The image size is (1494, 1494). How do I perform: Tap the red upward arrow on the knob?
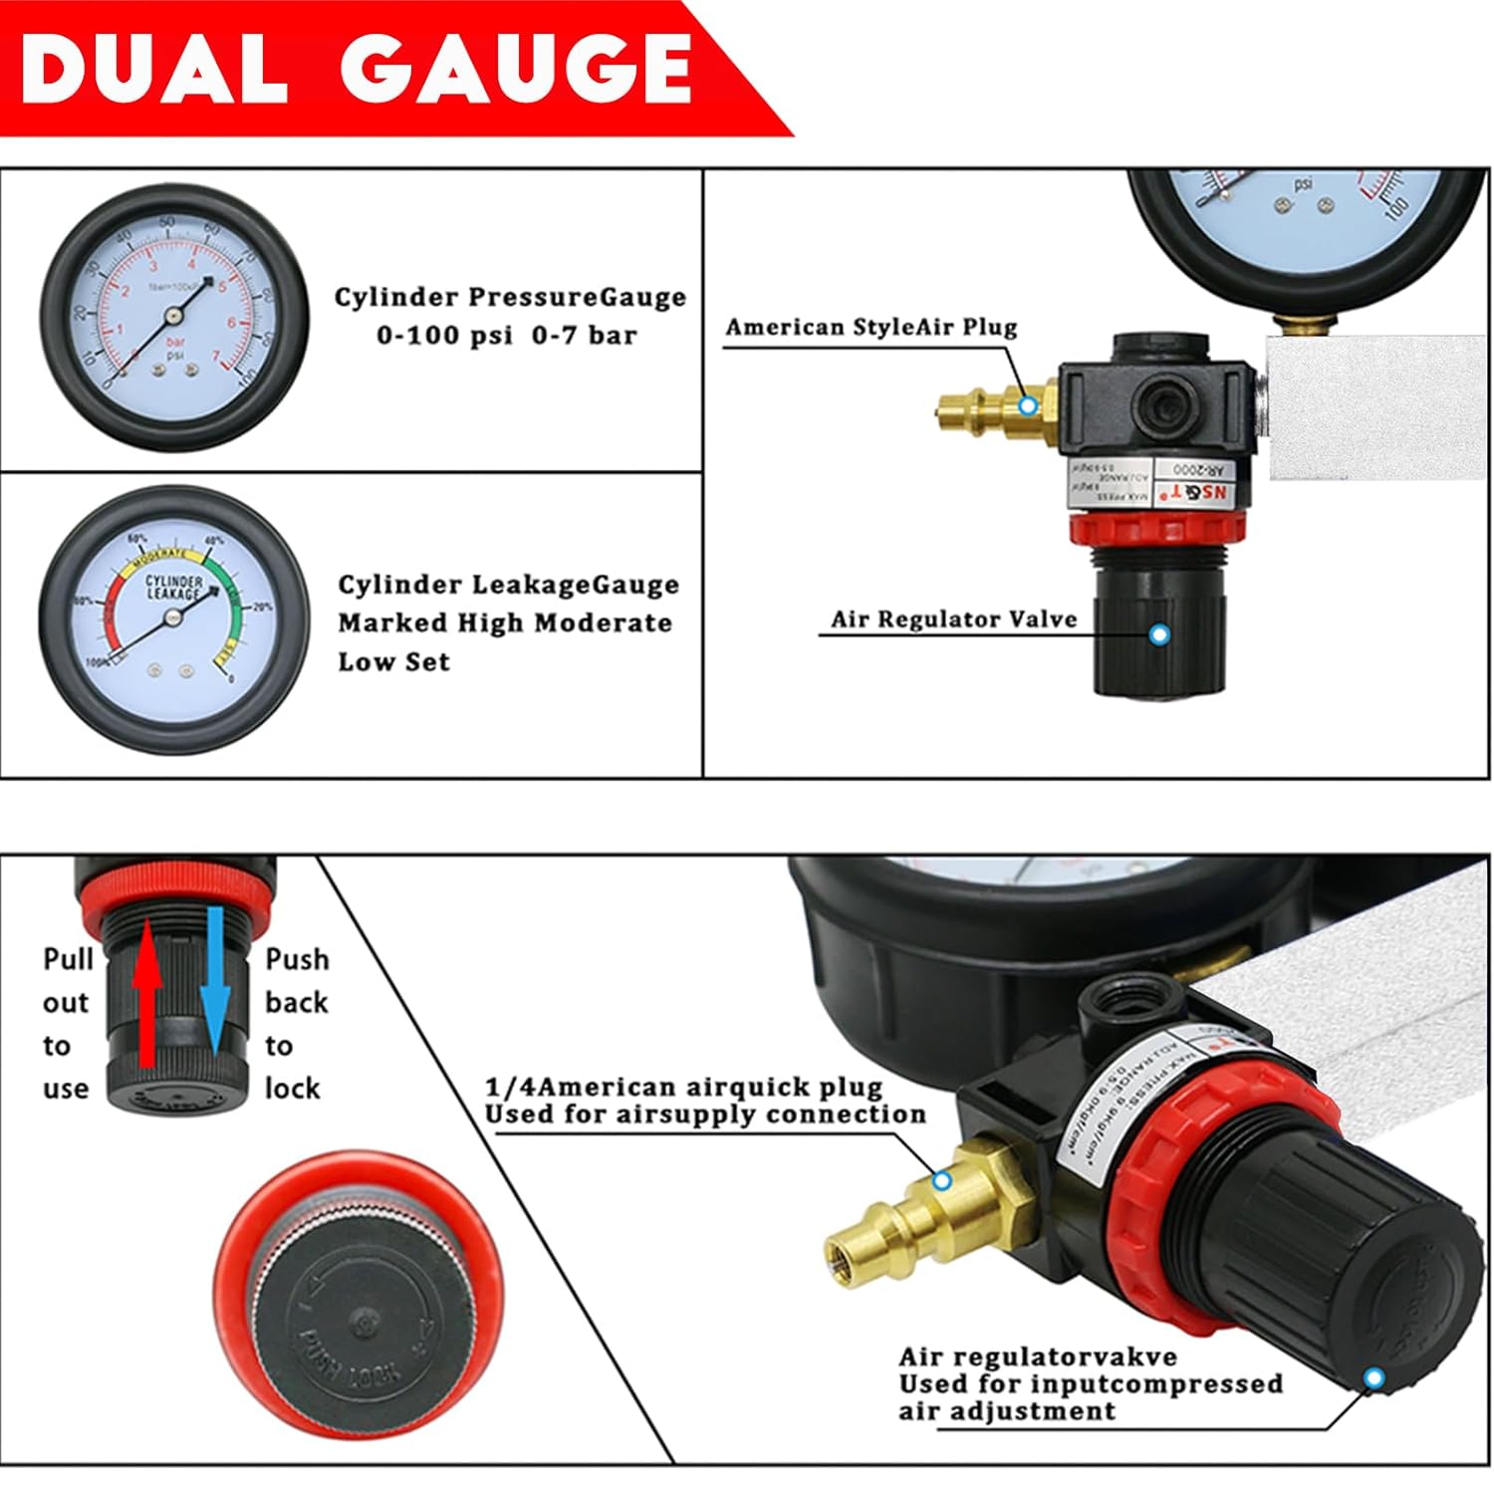(146, 992)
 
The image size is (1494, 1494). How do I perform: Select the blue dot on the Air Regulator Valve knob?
(1158, 633)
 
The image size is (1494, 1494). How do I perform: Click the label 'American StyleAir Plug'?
(871, 328)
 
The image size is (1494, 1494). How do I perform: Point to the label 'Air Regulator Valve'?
(953, 620)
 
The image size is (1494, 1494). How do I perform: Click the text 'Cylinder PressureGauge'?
(510, 297)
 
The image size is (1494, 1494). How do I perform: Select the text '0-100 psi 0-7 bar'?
(506, 336)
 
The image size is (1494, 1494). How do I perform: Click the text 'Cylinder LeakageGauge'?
(508, 585)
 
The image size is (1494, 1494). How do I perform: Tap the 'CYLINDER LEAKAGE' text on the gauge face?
(174, 588)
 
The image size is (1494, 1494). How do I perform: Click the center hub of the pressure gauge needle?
(175, 316)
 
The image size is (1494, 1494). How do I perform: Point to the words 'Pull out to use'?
(66, 1023)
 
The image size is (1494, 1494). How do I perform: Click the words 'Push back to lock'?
(296, 1023)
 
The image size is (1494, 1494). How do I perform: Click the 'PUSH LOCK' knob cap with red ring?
(354, 1316)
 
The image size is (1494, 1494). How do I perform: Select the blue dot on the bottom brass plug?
(941, 1180)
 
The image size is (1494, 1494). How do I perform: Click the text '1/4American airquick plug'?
(683, 1087)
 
